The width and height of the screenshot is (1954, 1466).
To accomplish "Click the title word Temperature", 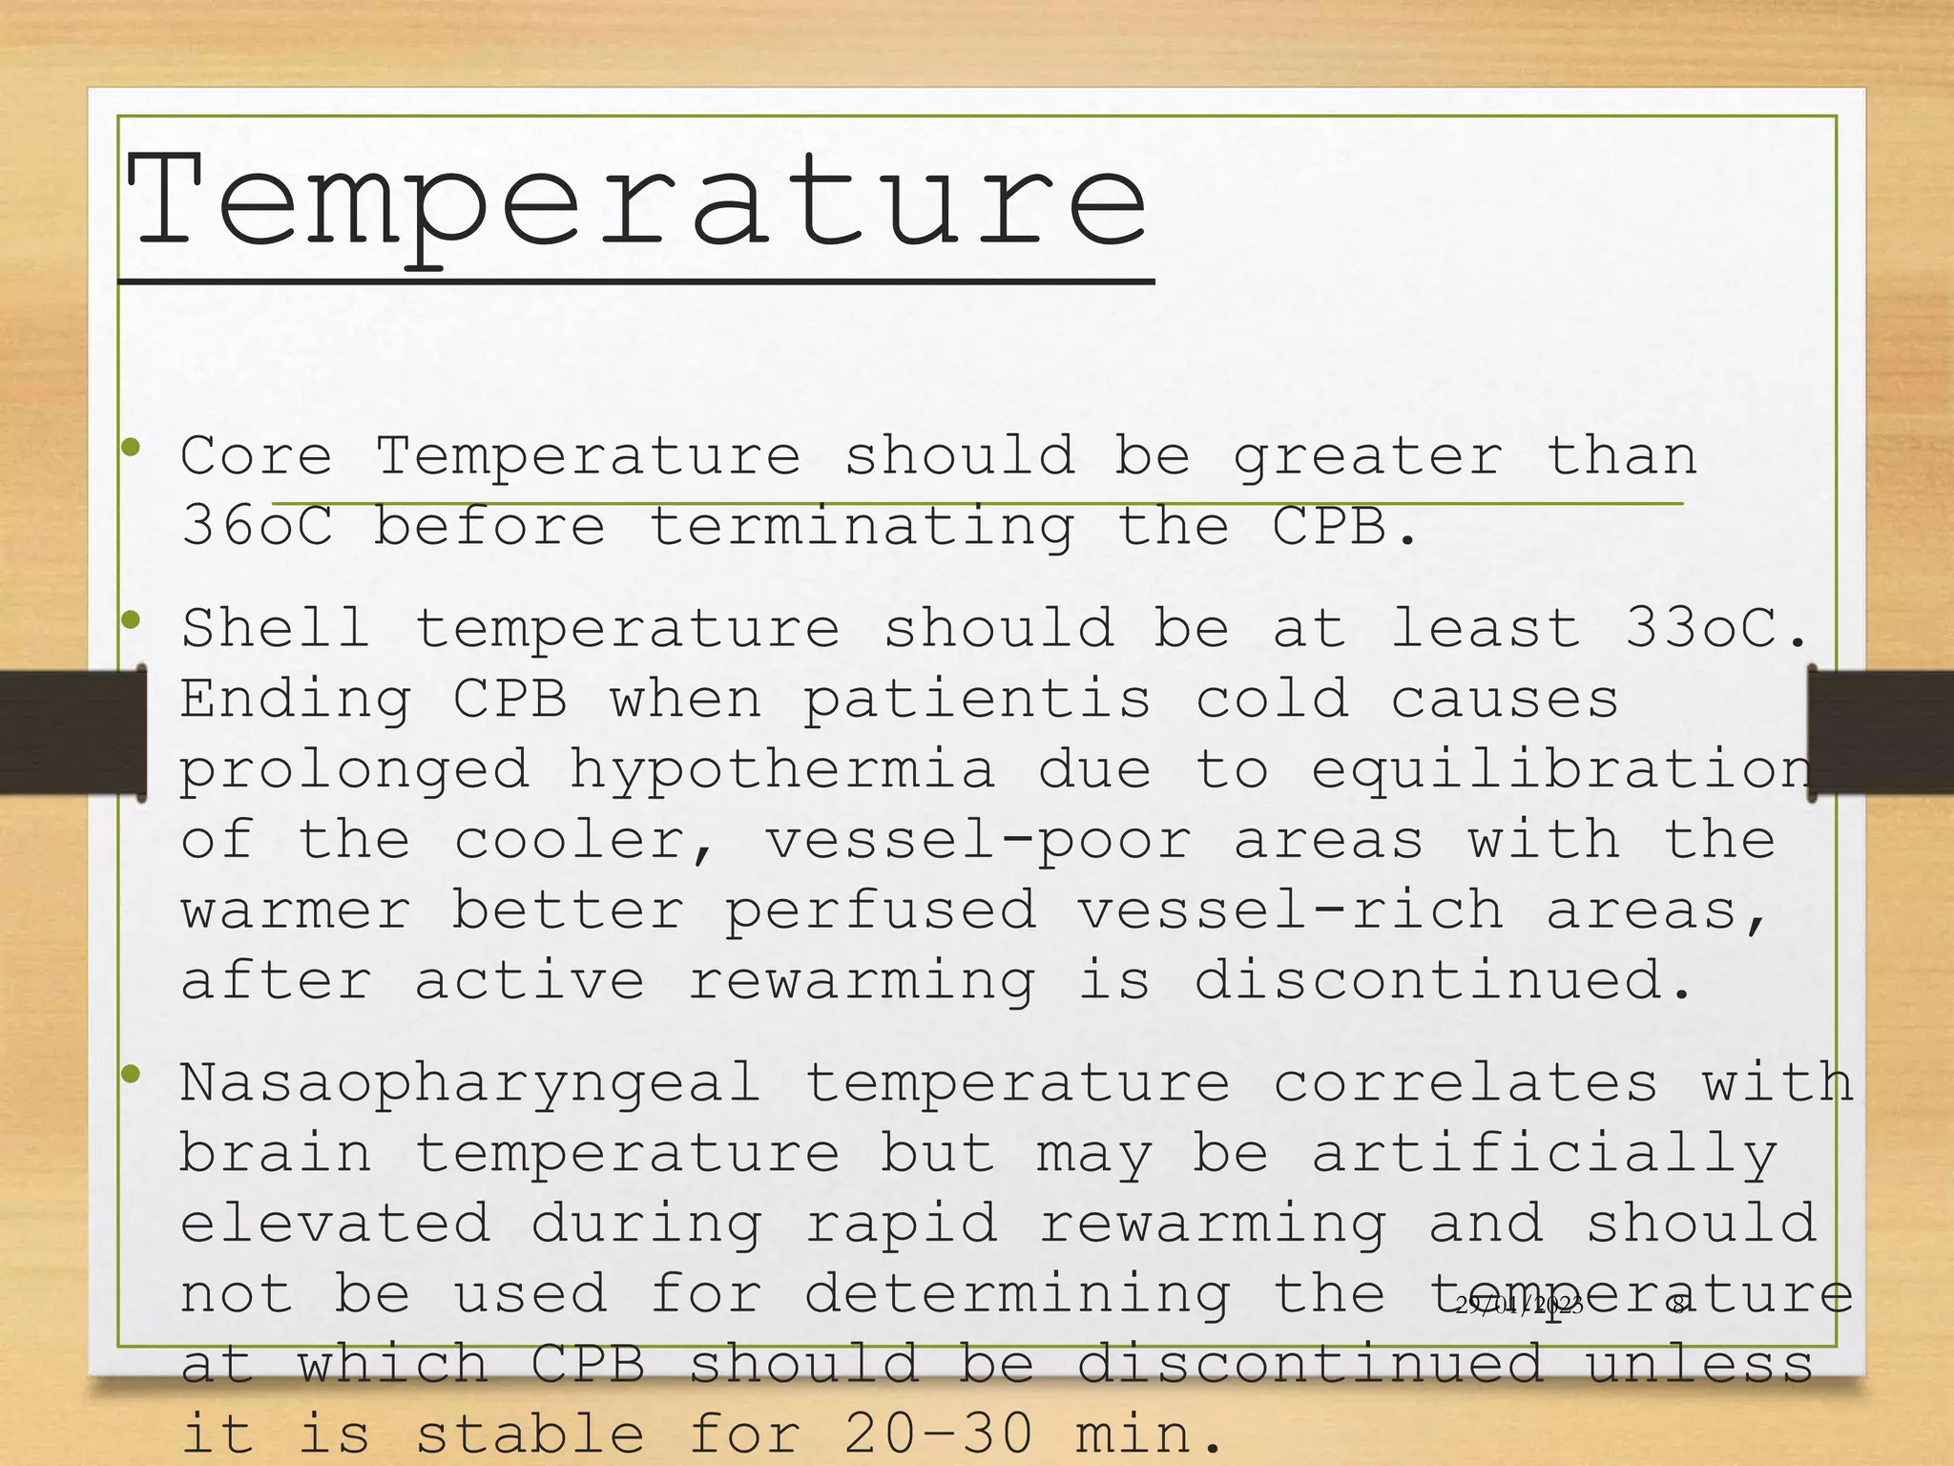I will click(636, 203).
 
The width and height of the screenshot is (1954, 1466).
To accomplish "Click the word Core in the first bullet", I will click(256, 455).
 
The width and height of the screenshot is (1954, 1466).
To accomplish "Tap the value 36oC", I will click(257, 526).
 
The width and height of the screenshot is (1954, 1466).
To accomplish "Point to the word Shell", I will click(275, 628).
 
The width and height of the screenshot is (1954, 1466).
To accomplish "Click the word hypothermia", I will click(782, 769).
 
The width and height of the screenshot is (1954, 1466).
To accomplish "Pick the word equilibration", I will click(1561, 769).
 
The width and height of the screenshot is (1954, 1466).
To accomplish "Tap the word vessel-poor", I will click(978, 840).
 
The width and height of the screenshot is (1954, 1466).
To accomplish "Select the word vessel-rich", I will click(1290, 911).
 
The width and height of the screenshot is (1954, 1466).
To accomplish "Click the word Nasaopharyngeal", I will click(470, 1084).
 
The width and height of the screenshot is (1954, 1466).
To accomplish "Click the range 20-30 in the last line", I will click(938, 1435).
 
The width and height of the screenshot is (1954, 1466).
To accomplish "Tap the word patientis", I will click(977, 699).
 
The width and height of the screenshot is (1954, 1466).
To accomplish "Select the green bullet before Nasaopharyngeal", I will click(132, 1075).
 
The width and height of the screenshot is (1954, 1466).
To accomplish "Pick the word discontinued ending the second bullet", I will click(1444, 981).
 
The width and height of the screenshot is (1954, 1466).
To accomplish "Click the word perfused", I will click(880, 911).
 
